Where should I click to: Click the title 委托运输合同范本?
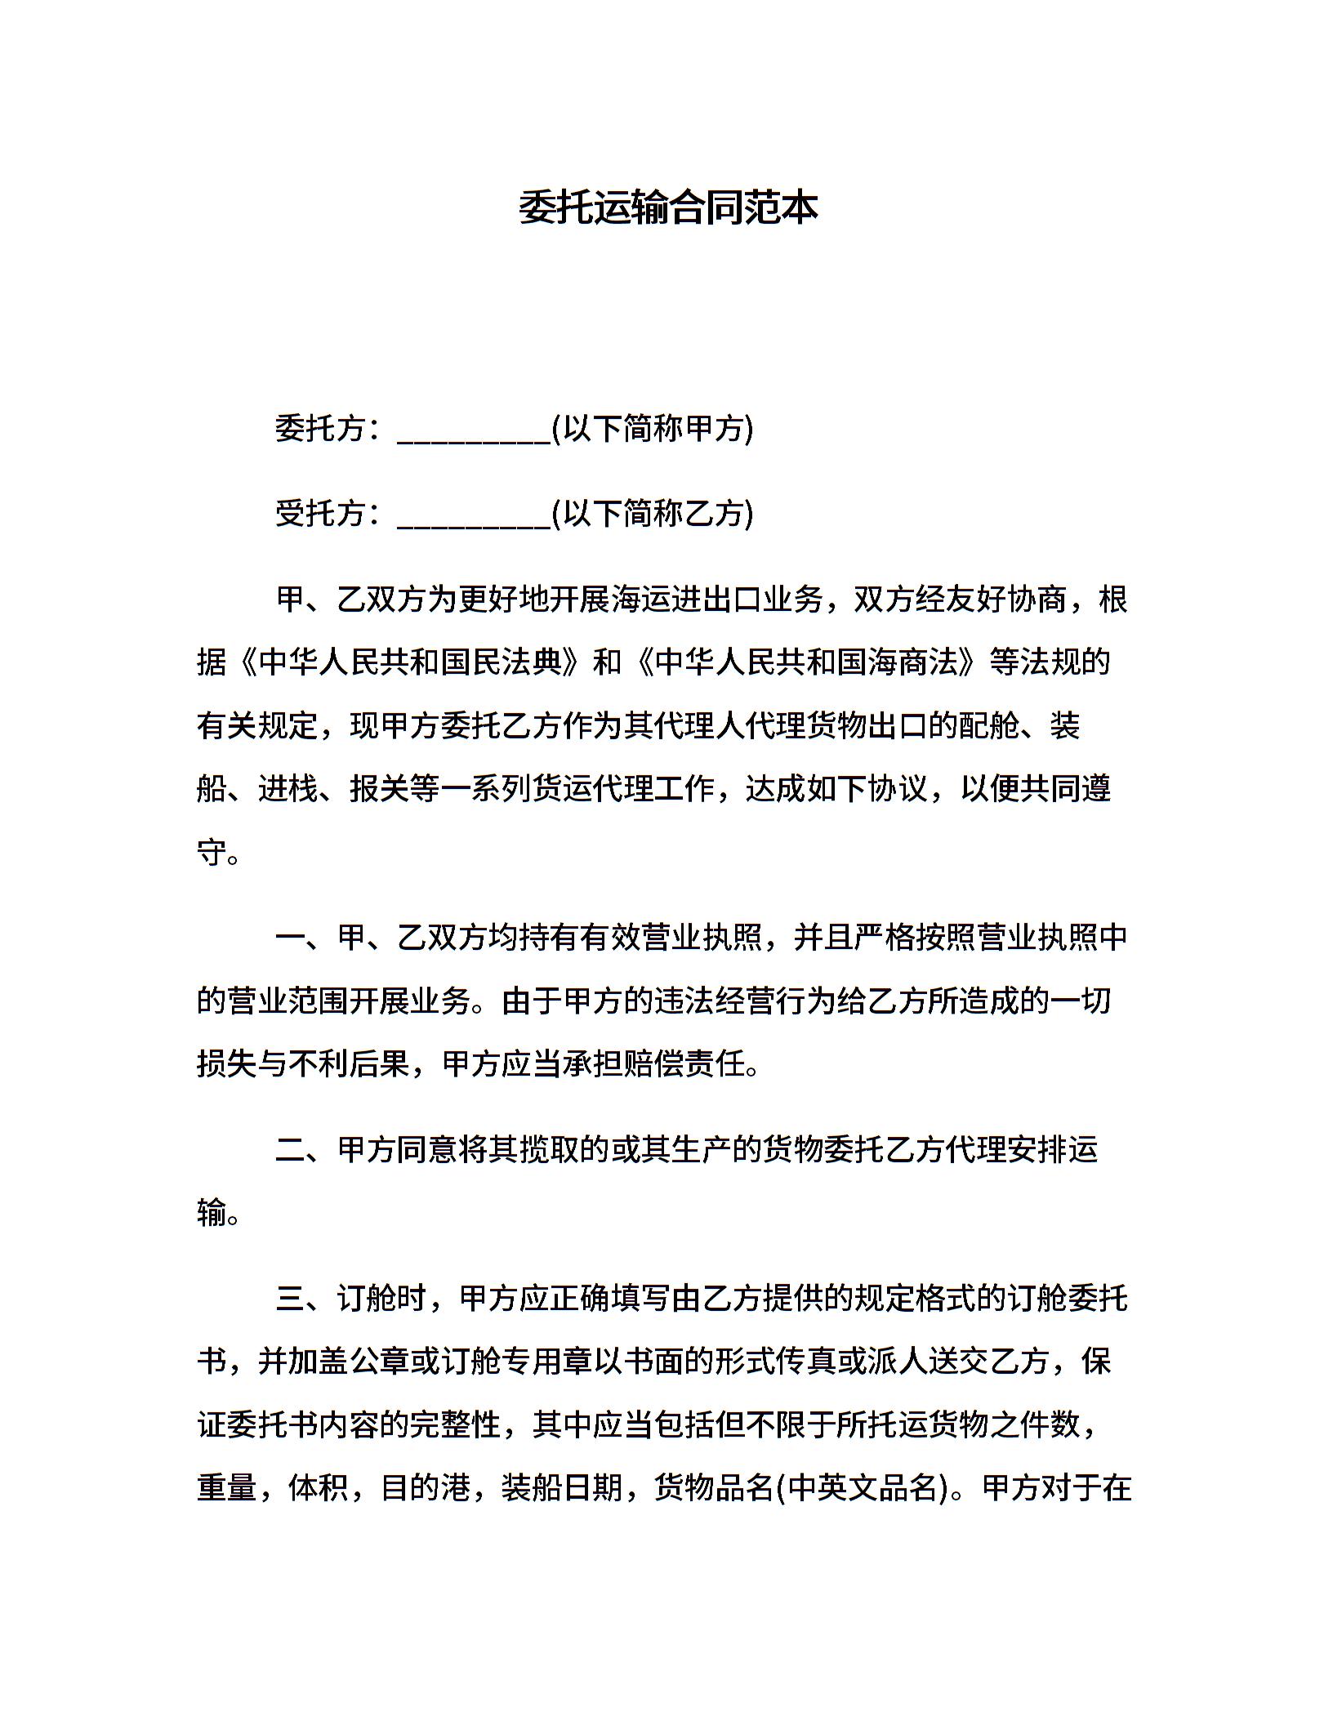coord(668,208)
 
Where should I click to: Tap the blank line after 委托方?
coord(474,433)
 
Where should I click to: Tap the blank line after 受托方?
coord(474,518)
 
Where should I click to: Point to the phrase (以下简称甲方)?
coord(653,428)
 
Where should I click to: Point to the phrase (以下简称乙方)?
coord(653,513)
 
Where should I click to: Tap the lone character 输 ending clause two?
coord(211,1213)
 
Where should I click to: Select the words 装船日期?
coord(560,1488)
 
